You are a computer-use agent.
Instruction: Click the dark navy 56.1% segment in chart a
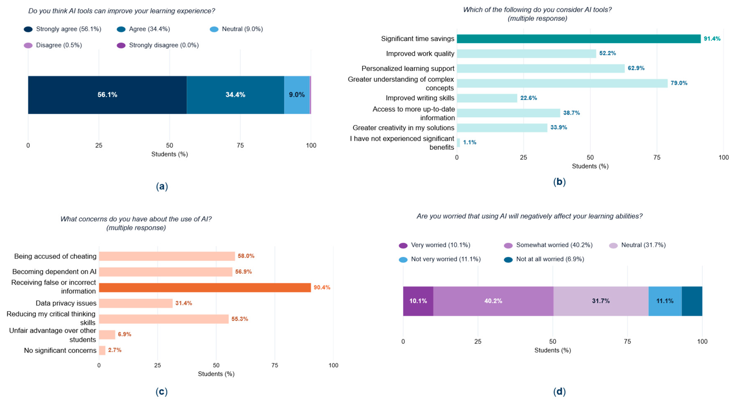coord(107,95)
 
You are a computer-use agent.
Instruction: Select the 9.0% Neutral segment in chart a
coord(297,95)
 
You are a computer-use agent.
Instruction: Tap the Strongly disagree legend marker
coord(121,45)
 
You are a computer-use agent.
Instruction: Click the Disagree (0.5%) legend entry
coord(53,45)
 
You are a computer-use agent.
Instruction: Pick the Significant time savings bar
coord(579,39)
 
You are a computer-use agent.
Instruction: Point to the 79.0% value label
coord(679,83)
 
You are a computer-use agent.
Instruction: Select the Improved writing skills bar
coord(487,98)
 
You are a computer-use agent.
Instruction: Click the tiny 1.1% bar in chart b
coord(458,142)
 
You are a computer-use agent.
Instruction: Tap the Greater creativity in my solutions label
coord(403,128)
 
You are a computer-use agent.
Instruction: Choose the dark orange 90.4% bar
coord(205,287)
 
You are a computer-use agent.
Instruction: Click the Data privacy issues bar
coord(136,303)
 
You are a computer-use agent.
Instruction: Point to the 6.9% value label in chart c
coord(125,334)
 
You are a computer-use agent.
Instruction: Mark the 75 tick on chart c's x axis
coord(274,365)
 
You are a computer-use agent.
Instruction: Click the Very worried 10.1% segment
coord(418,301)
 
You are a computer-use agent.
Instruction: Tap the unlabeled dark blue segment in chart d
coord(692,301)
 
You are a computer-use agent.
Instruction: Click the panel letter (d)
coord(559,391)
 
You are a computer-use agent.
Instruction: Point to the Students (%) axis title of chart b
coord(590,166)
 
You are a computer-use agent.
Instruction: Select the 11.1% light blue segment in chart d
coord(665,301)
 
